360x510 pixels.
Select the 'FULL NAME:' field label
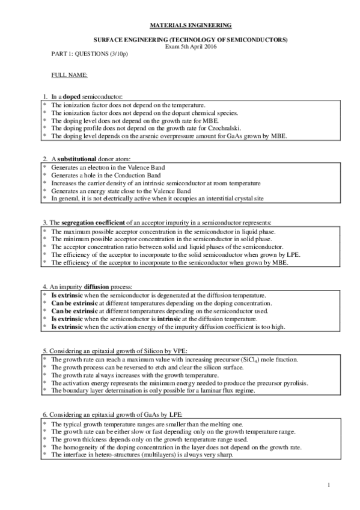tap(70, 75)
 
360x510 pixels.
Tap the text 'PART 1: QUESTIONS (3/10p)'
tap(90, 54)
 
